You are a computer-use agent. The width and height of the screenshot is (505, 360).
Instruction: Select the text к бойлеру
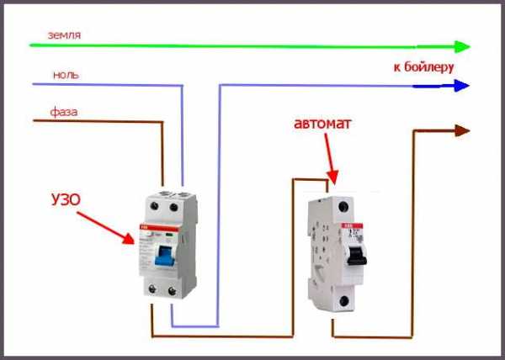pyautogui.click(x=423, y=66)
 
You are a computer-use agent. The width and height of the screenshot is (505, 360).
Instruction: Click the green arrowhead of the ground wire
pyautogui.click(x=460, y=46)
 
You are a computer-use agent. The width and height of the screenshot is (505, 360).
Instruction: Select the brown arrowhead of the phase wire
pyautogui.click(x=461, y=130)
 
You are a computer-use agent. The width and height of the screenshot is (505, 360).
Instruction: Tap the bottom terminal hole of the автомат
pyautogui.click(x=344, y=300)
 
